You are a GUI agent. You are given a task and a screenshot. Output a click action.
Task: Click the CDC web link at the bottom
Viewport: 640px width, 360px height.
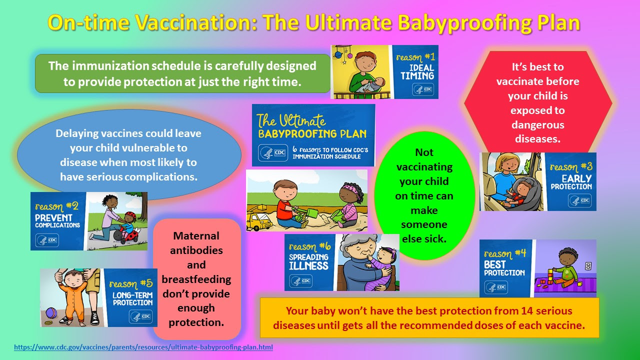pos(143,347)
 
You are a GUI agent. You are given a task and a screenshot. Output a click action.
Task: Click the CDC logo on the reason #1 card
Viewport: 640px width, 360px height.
pos(423,89)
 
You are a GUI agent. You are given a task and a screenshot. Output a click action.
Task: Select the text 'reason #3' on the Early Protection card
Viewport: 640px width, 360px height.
pos(571,167)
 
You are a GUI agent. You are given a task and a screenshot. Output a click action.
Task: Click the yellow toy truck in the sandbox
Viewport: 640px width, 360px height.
pos(259,219)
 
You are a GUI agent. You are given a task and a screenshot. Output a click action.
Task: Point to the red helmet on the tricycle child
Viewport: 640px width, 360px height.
pos(131,215)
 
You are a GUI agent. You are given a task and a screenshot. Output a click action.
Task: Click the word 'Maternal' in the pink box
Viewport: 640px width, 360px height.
pos(196,235)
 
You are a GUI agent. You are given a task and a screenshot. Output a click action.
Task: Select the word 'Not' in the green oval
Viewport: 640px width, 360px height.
pos(424,152)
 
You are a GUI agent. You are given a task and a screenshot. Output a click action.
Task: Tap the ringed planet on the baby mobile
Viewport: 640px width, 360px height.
pos(338,54)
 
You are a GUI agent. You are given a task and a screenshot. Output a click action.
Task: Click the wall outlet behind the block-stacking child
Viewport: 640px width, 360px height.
pos(588,266)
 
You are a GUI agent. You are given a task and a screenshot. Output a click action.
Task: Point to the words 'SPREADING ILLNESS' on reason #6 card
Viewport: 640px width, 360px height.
pos(308,261)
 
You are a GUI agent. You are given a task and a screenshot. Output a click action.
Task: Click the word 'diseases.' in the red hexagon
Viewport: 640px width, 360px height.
pos(537,139)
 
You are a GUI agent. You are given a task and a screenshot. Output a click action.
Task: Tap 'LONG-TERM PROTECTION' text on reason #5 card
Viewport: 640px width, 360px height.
pos(132,299)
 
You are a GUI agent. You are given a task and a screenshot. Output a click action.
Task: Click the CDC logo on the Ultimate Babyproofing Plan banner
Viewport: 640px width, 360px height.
pos(273,152)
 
